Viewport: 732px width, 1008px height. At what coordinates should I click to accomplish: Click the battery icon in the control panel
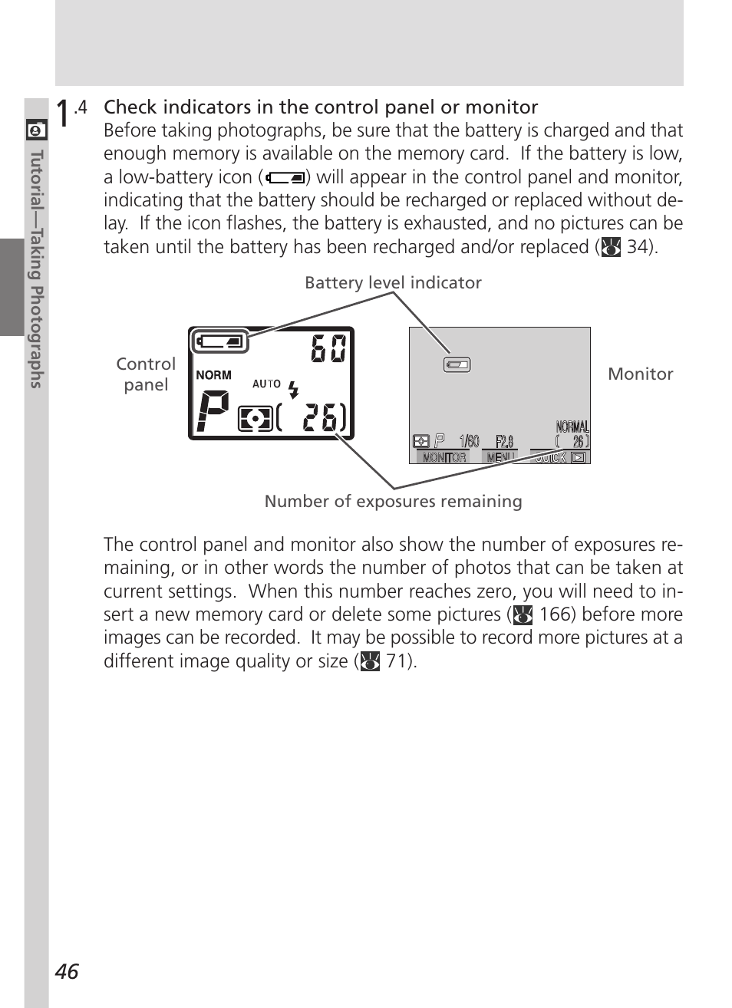[221, 341]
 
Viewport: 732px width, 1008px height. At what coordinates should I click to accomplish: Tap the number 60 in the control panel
[328, 349]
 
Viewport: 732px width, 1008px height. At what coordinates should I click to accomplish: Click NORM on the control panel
[213, 375]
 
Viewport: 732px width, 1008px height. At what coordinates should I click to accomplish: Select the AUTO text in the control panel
[266, 384]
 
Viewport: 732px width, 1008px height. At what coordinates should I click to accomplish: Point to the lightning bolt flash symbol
[293, 389]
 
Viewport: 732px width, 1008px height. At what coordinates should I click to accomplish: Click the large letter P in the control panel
[213, 411]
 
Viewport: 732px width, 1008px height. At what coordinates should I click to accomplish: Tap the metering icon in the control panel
[255, 419]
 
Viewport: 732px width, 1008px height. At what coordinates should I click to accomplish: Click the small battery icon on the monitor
[457, 365]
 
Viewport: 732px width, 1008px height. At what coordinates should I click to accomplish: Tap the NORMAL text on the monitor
[572, 427]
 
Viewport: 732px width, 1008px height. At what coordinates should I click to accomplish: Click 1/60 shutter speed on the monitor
[469, 441]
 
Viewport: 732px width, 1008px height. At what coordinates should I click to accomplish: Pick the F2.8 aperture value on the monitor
[504, 441]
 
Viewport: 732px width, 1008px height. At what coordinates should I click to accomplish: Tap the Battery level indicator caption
[393, 283]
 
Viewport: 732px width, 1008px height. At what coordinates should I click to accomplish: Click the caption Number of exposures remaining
[393, 502]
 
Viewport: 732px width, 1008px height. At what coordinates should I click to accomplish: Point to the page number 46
[67, 971]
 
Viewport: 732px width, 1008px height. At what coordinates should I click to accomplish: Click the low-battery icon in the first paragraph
[285, 178]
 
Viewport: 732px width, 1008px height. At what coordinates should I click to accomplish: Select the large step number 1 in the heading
[63, 113]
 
